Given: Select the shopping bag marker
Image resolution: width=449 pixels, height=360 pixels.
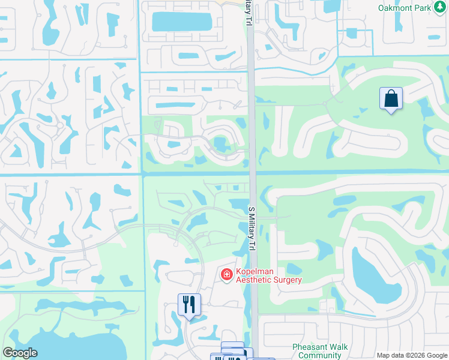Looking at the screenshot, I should [x=391, y=99].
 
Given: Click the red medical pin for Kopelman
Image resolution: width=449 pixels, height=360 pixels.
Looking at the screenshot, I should [x=227, y=275].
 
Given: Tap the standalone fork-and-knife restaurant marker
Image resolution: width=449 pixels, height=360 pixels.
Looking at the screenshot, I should [x=189, y=304].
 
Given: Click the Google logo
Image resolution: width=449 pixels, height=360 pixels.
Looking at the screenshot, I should [x=20, y=353].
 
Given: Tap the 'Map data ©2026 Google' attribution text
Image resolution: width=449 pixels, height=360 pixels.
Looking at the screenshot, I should [x=411, y=355].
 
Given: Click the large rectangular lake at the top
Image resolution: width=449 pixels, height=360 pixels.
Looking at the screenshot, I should [x=182, y=22].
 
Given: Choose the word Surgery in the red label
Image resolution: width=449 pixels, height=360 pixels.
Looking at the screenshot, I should [x=286, y=280].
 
